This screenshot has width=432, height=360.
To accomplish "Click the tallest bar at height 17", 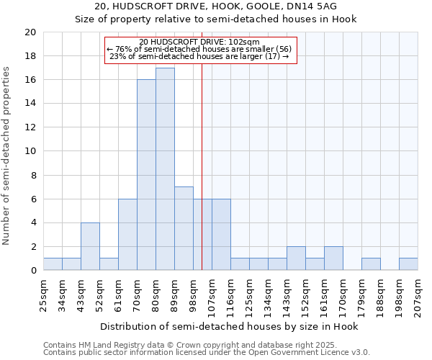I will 165,169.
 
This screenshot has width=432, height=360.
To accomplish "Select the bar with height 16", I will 146,175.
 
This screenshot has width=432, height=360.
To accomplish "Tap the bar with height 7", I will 184,228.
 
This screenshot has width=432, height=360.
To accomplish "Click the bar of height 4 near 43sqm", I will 90,246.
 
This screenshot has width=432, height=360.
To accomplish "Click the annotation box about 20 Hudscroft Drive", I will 201,50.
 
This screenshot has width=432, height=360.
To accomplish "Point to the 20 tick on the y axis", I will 30,32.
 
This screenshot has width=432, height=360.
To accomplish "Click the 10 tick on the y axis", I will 30,151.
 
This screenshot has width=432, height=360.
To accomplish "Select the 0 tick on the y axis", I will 33,271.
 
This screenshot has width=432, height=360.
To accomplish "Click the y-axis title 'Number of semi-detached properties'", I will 7,156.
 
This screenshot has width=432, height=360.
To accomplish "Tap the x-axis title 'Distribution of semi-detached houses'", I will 229,326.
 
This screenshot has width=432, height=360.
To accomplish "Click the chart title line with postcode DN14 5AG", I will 216,6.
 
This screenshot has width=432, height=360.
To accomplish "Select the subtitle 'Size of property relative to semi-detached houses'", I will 216,19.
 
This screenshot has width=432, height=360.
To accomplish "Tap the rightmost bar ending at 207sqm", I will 408,264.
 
